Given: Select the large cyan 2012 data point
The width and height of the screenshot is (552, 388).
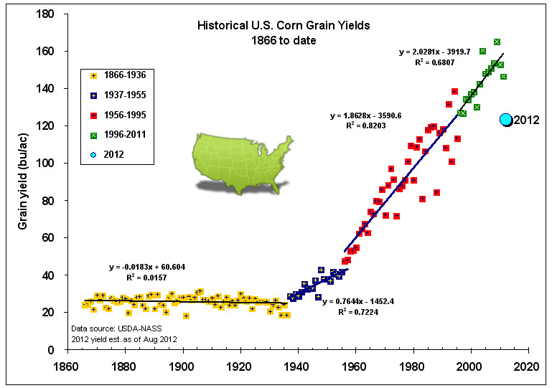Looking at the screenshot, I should tap(506, 120).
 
